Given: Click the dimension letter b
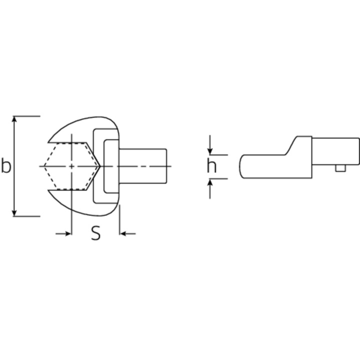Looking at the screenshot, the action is (x=6, y=165).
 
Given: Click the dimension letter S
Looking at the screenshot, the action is (x=96, y=233).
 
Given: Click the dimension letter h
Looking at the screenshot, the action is (x=211, y=165).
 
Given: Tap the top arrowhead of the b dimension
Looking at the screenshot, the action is (x=14, y=119).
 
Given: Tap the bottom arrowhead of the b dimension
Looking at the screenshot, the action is (x=14, y=213).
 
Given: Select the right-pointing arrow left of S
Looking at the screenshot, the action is (x=63, y=233).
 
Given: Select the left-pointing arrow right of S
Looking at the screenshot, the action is (x=128, y=233).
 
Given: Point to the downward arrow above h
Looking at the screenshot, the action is (x=210, y=145).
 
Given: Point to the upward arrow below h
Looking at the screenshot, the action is (x=210, y=188).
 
